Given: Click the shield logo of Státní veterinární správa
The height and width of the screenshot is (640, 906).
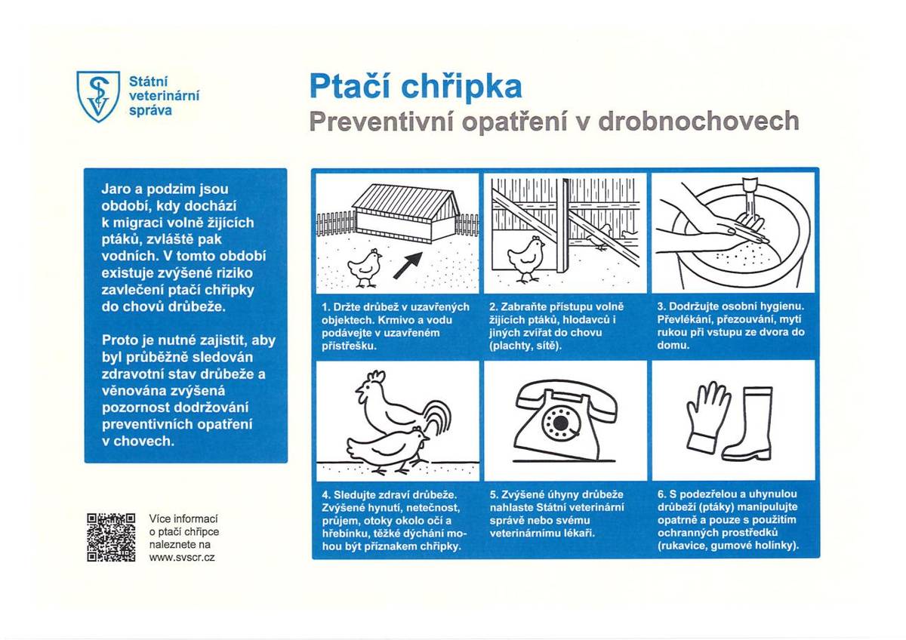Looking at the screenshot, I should [98, 95].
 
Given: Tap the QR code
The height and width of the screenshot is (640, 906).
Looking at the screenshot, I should [111, 537].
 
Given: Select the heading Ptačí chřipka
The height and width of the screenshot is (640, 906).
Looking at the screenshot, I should [415, 87].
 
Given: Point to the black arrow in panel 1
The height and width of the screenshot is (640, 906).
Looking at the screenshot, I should [408, 266].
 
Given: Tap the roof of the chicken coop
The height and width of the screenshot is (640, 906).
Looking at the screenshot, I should [405, 198].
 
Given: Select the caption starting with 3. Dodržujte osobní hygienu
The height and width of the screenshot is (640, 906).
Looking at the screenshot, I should [731, 326].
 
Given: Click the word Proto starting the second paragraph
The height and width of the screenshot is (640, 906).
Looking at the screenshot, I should [121, 341].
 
